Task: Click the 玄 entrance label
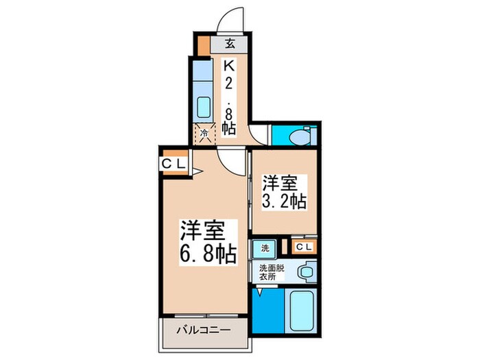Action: pyautogui.click(x=230, y=45)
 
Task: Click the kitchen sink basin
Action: pyautogui.click(x=204, y=107)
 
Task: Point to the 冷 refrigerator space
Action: pyautogui.click(x=204, y=134)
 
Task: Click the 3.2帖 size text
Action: pyautogui.click(x=283, y=202)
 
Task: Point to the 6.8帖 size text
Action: pyautogui.click(x=208, y=254)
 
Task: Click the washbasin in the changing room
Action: pyautogui.click(x=306, y=273)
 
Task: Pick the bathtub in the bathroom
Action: pyautogui.click(x=300, y=309)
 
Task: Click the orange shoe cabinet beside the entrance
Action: pyautogui.click(x=204, y=45)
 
